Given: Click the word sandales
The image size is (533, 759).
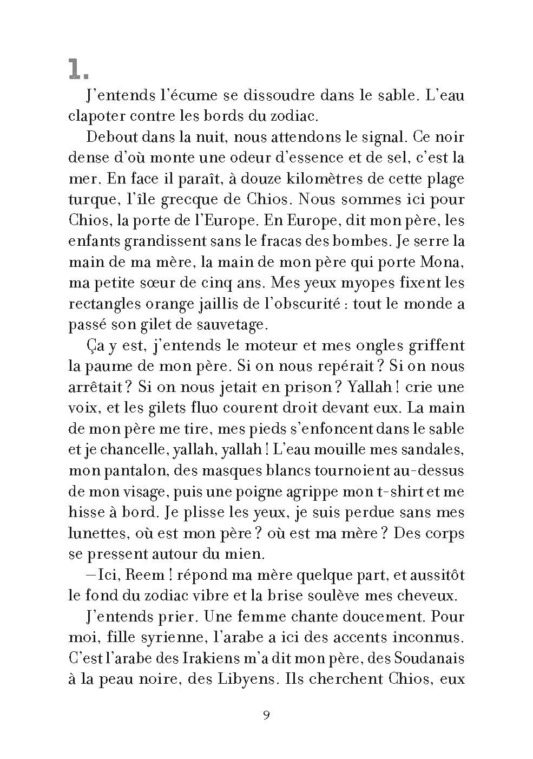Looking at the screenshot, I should click(x=431, y=450).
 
